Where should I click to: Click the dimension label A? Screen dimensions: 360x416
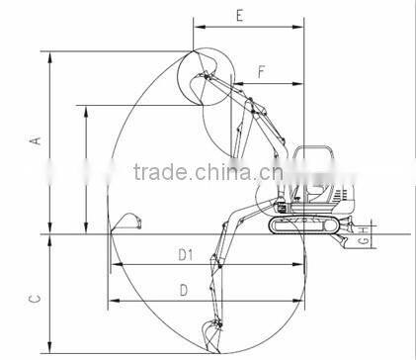coord(36,142)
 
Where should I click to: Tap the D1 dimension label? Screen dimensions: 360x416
coord(184,256)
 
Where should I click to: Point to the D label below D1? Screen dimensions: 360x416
coord(183,289)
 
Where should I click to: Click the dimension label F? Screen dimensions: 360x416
coord(260,71)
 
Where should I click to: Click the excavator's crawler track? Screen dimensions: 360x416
coord(301,226)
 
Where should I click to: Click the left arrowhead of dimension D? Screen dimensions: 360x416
coord(112,300)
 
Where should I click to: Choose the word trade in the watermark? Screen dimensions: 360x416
coord(160,175)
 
